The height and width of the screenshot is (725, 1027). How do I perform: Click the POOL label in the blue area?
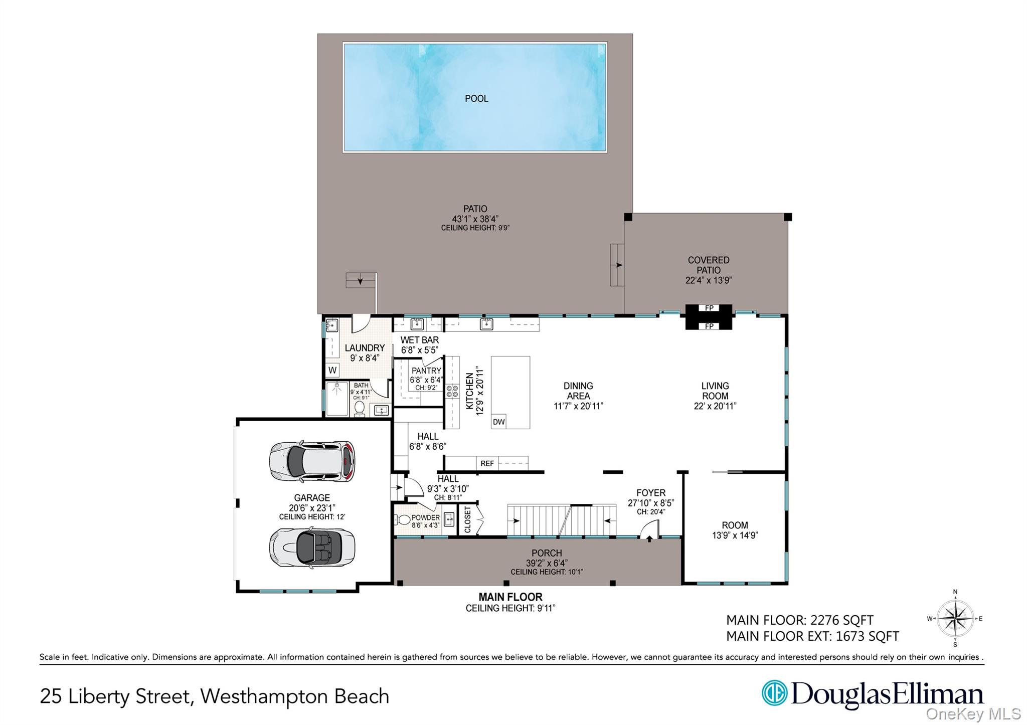point(476,99)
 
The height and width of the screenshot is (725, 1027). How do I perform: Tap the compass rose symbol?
point(955,619)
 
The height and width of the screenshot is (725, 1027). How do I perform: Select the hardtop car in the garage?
point(312,461)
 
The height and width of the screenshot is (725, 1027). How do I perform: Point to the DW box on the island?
point(498,422)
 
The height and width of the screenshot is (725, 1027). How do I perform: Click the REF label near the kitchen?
point(487,464)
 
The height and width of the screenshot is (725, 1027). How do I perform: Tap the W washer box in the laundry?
point(332,371)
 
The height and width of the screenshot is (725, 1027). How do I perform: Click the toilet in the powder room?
point(404,519)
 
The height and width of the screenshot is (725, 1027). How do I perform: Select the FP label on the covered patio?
point(709,308)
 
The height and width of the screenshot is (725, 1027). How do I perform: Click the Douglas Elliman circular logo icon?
point(774,693)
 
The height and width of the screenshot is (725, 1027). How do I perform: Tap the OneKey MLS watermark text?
point(973,713)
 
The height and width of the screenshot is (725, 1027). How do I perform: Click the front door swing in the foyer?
point(650,529)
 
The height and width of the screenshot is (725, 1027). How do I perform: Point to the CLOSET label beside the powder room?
point(467,519)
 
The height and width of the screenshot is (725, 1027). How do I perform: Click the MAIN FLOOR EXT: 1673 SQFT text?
point(812,636)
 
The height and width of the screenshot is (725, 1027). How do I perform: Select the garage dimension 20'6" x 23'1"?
point(312,508)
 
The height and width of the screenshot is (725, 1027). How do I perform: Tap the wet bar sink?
point(417,323)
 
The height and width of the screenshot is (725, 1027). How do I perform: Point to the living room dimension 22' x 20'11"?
point(715,406)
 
